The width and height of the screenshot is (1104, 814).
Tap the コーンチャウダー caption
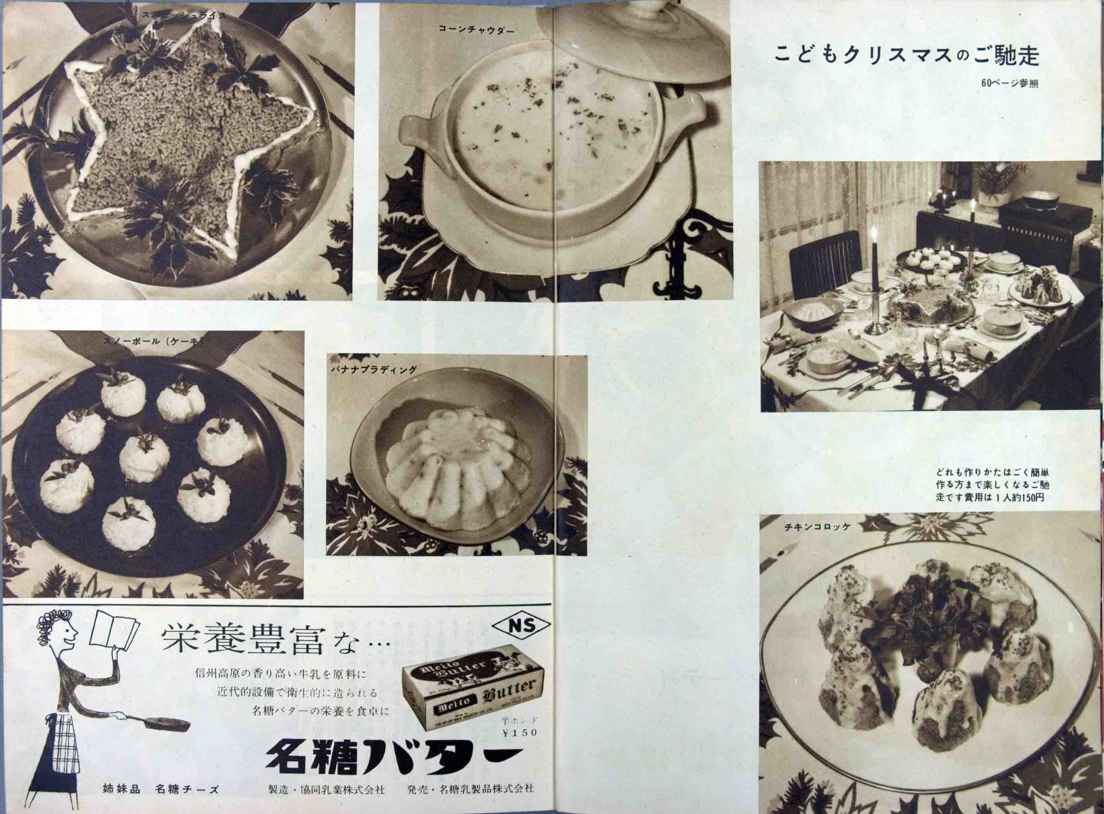(476, 30)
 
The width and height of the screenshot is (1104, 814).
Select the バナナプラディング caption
(373, 369)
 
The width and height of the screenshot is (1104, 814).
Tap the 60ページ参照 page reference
(1010, 84)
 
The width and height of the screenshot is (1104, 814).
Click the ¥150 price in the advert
(519, 747)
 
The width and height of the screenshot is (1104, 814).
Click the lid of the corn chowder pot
(635, 39)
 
